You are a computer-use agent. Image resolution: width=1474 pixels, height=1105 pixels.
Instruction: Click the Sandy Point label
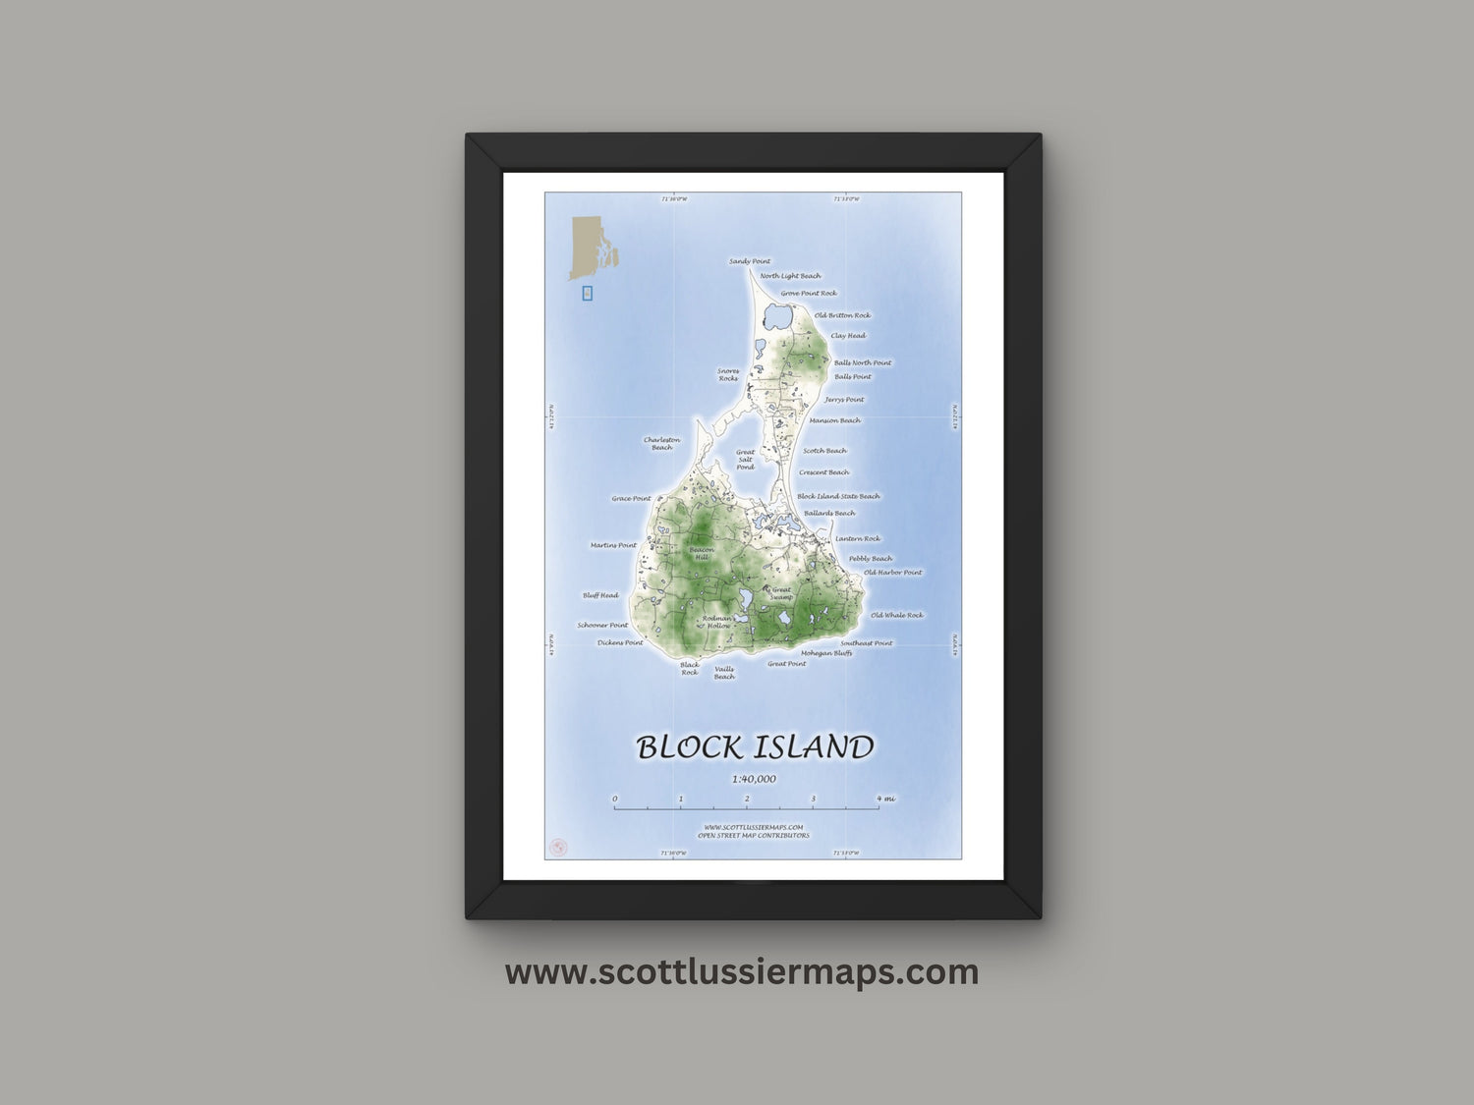pos(749,261)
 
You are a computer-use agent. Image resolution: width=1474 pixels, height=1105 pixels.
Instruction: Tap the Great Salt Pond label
pos(746,460)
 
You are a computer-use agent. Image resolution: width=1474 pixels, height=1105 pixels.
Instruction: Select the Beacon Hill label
pos(702,553)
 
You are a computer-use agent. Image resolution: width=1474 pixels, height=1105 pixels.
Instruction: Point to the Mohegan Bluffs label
pos(826,653)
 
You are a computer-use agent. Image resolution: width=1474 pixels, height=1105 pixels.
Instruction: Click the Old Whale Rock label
pos(896,616)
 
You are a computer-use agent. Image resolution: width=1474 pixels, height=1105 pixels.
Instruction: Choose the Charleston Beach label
pos(661,444)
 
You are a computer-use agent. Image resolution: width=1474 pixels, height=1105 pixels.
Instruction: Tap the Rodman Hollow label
pos(718,622)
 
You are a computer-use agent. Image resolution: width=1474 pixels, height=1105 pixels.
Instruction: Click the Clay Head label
pos(848,336)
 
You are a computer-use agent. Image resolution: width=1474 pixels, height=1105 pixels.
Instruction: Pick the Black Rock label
pos(690,669)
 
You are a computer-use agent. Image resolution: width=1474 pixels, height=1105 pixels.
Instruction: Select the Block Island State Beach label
pos(838,497)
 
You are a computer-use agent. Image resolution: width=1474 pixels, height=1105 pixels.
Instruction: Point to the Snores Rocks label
pos(728,374)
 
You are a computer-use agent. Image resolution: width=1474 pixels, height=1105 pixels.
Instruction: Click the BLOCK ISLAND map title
pos(755,747)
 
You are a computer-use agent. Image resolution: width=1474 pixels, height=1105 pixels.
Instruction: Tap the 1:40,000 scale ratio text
pos(754,780)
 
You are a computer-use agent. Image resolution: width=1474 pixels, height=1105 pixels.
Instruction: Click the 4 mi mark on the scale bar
pos(885,799)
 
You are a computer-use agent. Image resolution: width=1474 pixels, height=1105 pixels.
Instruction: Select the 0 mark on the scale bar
pos(615,799)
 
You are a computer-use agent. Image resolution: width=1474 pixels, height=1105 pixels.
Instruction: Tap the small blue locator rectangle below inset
pos(588,293)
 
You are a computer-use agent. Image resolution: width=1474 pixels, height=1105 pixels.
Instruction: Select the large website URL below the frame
pos(742,972)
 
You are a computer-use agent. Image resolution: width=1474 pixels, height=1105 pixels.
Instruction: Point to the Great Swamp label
pos(781,594)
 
